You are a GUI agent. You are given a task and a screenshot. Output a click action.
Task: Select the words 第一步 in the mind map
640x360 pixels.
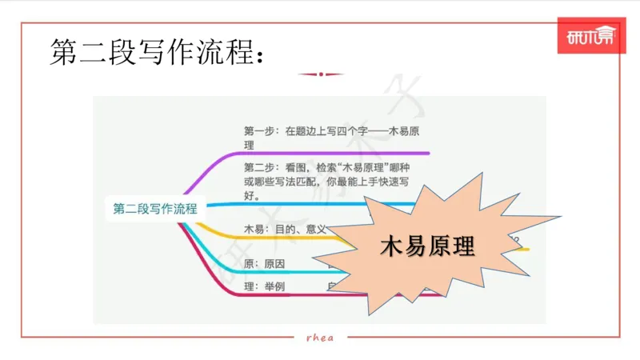(x=259, y=131)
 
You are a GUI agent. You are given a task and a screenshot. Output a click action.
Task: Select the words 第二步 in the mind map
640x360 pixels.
(x=259, y=167)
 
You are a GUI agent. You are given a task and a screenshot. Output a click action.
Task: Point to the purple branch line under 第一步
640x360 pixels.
(x=336, y=153)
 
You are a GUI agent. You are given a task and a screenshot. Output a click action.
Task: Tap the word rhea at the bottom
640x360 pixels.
(x=320, y=337)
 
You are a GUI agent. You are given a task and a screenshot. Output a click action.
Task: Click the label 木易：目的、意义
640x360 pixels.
(x=284, y=230)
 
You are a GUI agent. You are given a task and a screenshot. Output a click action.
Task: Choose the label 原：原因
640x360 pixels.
(x=264, y=264)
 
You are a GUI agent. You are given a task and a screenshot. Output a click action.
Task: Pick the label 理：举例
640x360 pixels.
(x=264, y=286)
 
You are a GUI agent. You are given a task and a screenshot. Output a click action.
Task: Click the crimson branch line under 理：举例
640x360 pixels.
(x=280, y=297)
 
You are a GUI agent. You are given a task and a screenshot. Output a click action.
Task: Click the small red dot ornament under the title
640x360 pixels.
(x=320, y=74)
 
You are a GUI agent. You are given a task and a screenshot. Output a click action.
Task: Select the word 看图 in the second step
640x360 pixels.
(x=296, y=167)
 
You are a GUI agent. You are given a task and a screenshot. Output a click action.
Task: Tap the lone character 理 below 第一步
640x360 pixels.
(x=249, y=145)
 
